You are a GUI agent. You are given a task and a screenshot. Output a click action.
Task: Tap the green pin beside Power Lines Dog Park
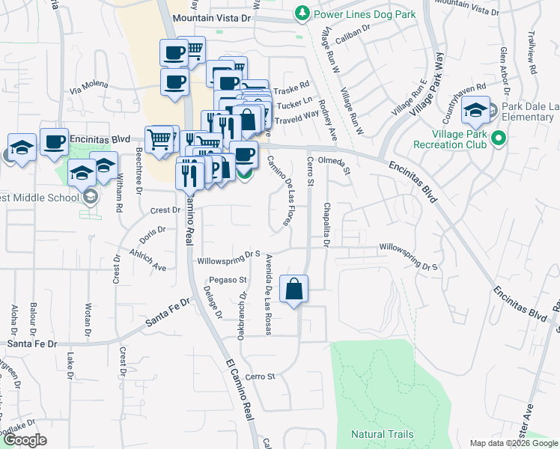click(x=302, y=13)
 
